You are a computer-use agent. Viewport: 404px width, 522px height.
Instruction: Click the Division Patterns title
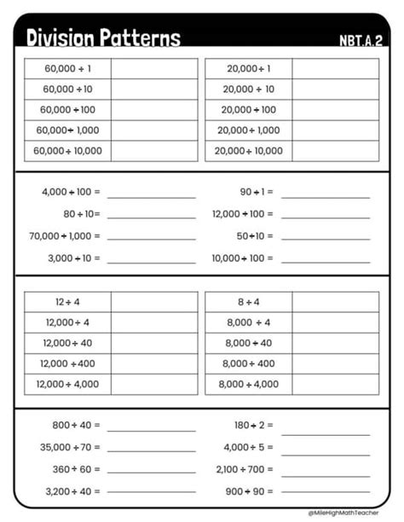pos(103,38)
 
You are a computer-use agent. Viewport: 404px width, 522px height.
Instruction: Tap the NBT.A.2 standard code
pos(361,40)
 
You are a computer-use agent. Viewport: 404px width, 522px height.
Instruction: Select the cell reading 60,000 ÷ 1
pos(67,68)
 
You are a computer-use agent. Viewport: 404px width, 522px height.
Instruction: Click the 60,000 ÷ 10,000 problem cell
pos(67,151)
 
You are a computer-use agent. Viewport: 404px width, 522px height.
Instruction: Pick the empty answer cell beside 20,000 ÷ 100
pos(335,110)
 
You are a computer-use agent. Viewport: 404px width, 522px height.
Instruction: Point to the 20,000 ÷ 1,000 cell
pos(248,130)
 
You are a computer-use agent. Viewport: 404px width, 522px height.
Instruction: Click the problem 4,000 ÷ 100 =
pos(71,193)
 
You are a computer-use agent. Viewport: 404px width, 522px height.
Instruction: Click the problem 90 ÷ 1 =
pos(256,193)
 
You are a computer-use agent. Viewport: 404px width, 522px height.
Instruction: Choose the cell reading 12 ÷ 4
pos(67,302)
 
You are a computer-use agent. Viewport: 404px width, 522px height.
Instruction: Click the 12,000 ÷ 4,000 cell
pos(67,385)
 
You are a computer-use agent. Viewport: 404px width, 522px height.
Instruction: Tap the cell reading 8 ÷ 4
pos(248,302)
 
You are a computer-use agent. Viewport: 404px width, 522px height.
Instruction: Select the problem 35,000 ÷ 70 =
pos(70,447)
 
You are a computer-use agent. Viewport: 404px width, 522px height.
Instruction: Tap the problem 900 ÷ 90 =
pos(254,491)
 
